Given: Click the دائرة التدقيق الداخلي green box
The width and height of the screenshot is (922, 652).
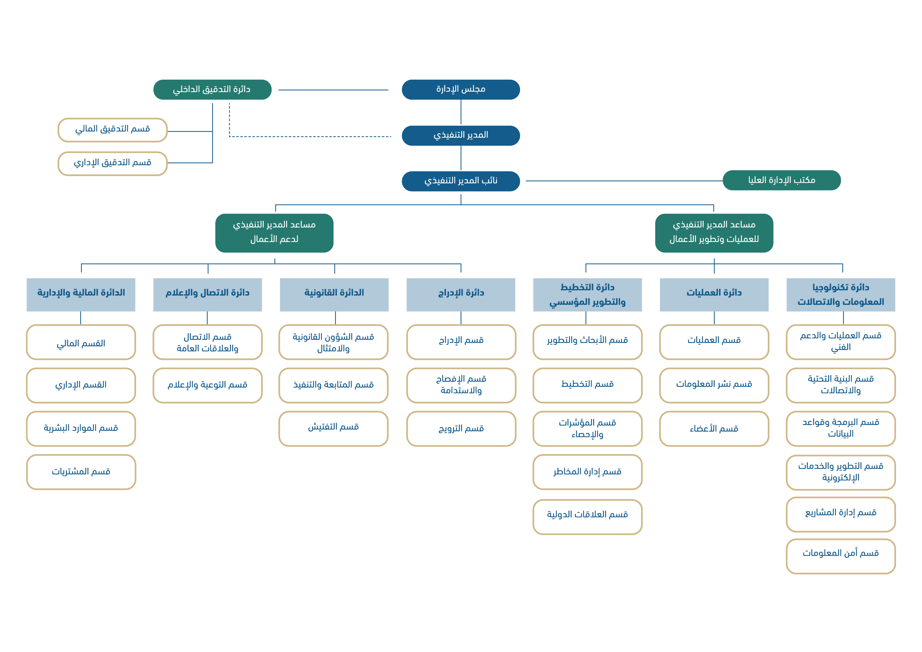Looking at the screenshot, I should point(212,90).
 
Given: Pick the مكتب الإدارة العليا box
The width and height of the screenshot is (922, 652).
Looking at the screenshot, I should point(781,180).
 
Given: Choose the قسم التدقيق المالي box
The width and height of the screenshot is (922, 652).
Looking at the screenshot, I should point(112,130).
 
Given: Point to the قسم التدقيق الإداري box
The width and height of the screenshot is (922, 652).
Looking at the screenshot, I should point(112,163).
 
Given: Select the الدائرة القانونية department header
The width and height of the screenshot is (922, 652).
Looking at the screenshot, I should point(334,294).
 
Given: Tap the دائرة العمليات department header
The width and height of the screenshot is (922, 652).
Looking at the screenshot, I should point(714,294).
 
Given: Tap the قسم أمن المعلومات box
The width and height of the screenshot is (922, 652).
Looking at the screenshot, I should point(841,556).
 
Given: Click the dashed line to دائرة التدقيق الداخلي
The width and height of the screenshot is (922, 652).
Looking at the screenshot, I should point(309,136).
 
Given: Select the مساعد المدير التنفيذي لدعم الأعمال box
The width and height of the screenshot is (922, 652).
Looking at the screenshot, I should point(274,233).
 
